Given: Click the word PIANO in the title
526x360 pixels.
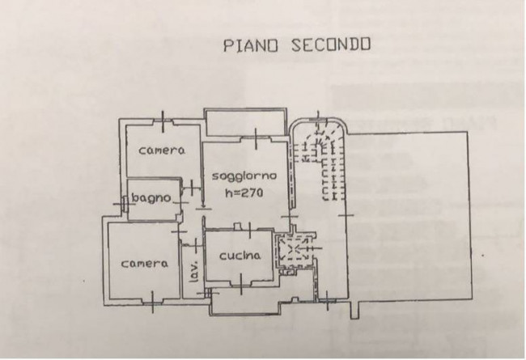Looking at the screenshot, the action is pos(251,45).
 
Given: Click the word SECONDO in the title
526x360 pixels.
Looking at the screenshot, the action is pos(331,44).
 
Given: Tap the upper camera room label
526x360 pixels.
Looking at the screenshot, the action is pos(162,150).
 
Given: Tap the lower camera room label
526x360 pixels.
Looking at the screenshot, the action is pos(144,264).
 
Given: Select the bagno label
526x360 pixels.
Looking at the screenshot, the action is pos(151,198).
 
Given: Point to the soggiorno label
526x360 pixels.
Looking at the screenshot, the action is pos(244,176).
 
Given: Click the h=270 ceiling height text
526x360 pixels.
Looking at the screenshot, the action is pos(244,193).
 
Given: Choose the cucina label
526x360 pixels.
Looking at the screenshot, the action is pos(240,256).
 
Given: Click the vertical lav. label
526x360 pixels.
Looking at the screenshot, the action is pos(194,271).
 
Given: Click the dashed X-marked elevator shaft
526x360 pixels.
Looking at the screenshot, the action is pos(294,248).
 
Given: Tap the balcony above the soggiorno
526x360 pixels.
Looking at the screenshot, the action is pos(246,122).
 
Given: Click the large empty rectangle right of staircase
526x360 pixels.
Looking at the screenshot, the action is pos(409,216).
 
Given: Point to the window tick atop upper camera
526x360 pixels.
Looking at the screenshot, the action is pos(163,121).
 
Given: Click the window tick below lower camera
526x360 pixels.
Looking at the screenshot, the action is pos(153,302).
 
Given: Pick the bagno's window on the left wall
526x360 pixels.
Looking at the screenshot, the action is pos(124,203).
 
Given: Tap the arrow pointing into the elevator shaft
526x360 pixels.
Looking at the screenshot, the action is pos(309,248).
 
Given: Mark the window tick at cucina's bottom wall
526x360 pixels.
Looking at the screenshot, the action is pos(241,284).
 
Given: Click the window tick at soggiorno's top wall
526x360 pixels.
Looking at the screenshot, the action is pos(256,138).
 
